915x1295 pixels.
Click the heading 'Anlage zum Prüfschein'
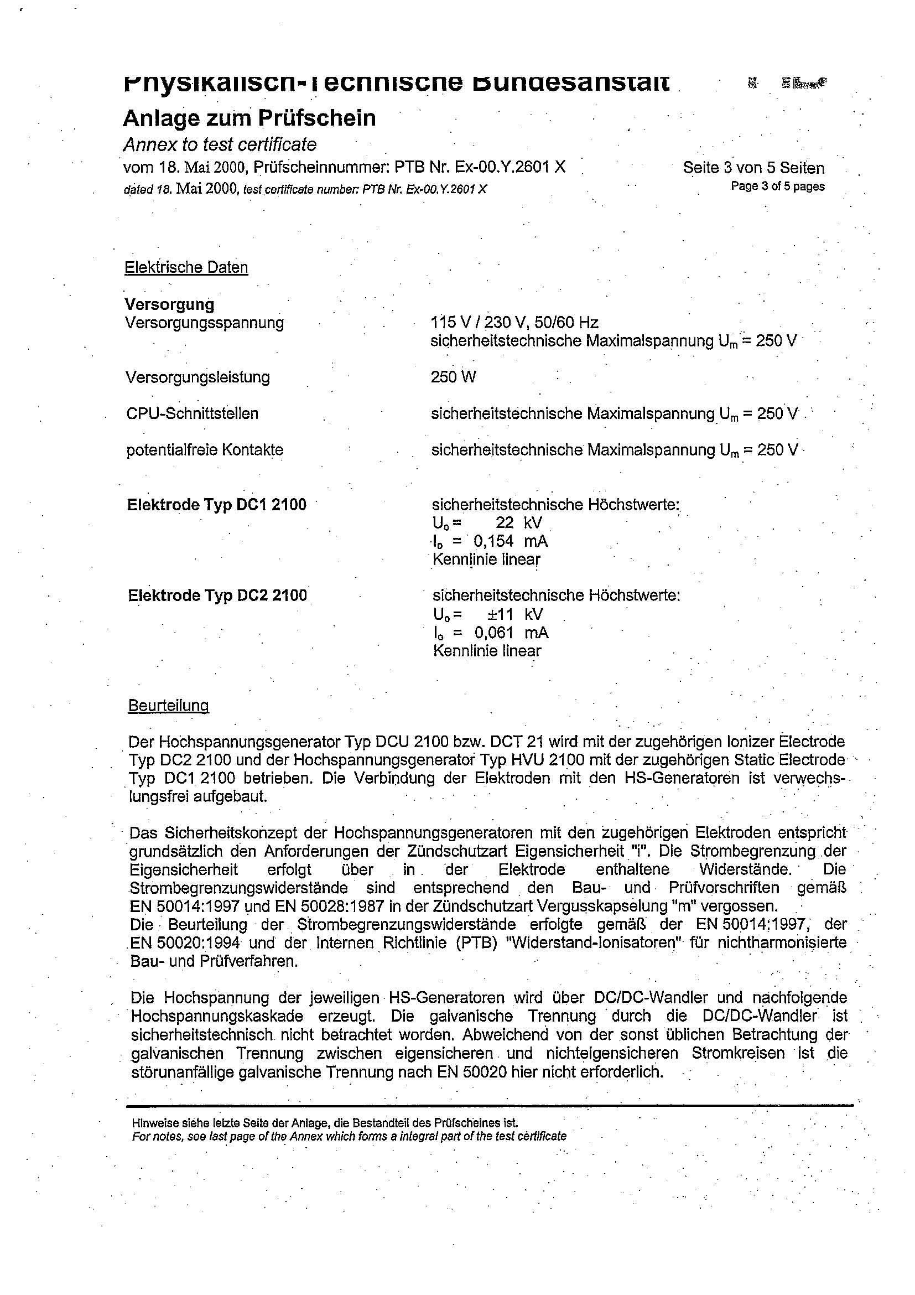coord(249,118)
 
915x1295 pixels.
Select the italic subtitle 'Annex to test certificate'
coord(220,145)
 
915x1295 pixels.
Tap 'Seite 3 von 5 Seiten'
coord(753,168)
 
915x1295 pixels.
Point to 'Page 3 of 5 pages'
coord(777,186)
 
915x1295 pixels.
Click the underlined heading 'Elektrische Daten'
coord(186,267)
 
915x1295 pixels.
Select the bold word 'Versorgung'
coord(169,304)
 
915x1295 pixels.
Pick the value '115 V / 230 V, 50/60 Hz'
coord(513,323)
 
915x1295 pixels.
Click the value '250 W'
coord(453,377)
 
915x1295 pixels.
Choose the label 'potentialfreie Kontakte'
coord(205,450)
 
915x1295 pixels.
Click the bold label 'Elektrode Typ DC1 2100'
coord(216,504)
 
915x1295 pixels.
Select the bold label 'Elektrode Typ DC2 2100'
coord(217,595)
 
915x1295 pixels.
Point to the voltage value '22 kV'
coord(519,523)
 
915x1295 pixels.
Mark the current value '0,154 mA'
coord(511,541)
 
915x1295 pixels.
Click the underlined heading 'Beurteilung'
coord(169,706)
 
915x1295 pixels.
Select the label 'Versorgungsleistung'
coord(198,377)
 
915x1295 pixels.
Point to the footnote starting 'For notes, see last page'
coord(349,1136)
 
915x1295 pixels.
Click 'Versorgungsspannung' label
coord(205,323)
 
